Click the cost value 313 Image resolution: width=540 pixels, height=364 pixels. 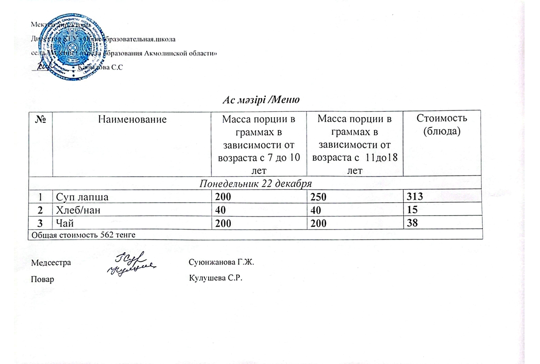[x=413, y=196]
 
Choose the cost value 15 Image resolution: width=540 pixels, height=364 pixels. [x=410, y=209]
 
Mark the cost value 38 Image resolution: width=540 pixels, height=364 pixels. [x=410, y=222]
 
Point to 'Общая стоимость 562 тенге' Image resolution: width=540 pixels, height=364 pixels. [x=83, y=235]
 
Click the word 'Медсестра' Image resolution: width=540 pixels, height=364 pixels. [x=51, y=263]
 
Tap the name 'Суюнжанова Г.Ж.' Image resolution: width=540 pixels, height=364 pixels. [x=221, y=263]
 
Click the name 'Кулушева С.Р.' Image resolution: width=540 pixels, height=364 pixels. [x=214, y=279]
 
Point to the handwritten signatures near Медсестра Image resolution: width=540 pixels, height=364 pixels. [x=132, y=264]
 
